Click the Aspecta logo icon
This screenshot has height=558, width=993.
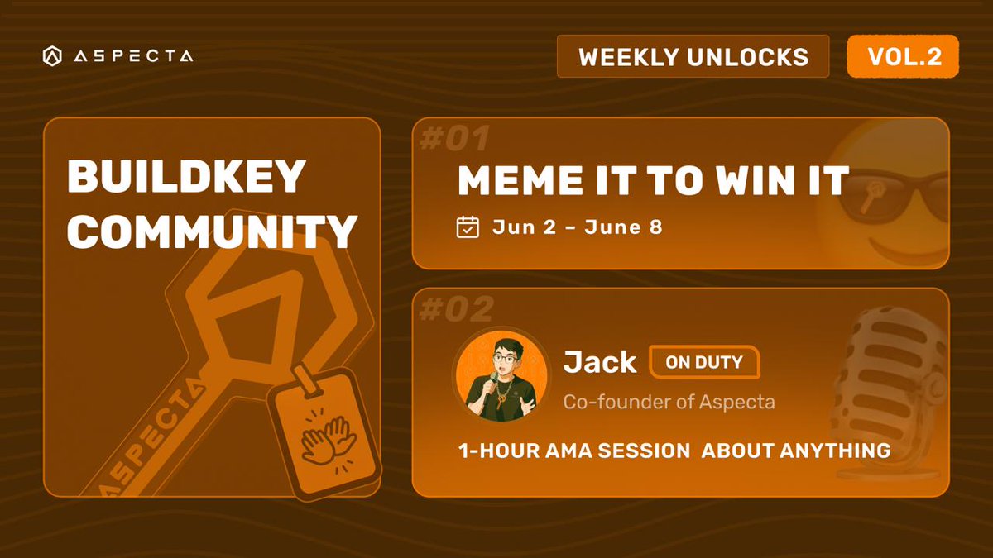tap(51, 56)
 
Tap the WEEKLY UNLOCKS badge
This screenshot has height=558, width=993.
tap(693, 56)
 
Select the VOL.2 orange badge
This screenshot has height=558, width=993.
tap(903, 55)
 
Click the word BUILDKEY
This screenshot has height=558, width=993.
tap(186, 178)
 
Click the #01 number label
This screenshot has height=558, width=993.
tap(456, 139)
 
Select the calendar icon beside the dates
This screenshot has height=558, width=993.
tap(468, 227)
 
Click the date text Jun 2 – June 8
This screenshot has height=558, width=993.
tap(577, 227)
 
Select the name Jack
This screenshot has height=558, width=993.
tap(599, 361)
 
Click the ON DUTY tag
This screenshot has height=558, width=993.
tap(704, 361)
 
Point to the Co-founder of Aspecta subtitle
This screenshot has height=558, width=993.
tap(669, 402)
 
